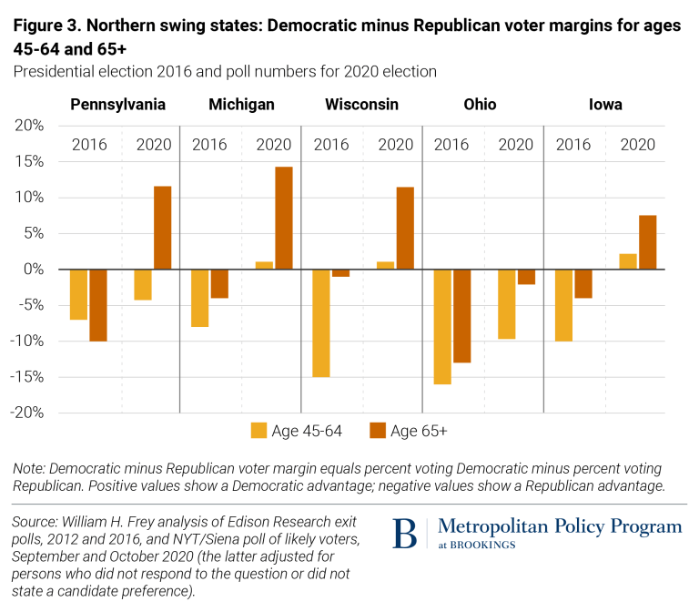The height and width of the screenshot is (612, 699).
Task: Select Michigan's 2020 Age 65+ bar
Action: point(284,218)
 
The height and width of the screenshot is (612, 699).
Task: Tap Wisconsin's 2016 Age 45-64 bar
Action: point(321,322)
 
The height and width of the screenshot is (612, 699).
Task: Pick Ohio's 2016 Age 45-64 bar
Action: point(442,326)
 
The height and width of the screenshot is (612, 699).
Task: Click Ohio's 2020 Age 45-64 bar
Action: point(507,304)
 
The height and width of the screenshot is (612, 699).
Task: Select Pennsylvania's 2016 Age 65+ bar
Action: point(97,305)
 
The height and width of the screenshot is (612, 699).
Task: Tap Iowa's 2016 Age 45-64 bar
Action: point(564,305)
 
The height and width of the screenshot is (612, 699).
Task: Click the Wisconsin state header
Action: point(361,105)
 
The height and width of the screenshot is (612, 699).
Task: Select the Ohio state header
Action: point(480,105)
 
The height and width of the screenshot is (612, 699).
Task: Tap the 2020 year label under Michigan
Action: point(274,144)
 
